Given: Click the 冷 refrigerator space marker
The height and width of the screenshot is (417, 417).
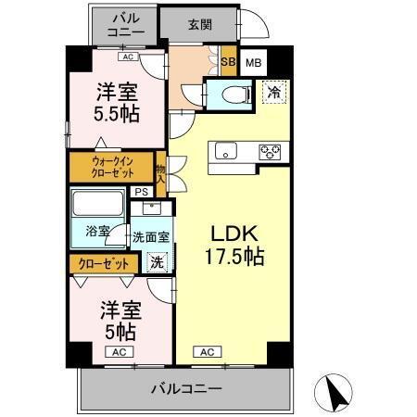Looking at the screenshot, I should point(274,91).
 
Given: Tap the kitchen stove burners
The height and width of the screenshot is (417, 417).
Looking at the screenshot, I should point(271,151).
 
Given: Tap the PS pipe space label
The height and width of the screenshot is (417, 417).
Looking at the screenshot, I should point(141,192).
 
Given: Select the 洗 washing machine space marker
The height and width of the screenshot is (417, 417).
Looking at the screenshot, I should point(158,262).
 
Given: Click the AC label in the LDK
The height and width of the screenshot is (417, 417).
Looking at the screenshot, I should point(207,351).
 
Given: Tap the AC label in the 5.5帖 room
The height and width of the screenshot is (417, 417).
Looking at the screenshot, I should point(127,57).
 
